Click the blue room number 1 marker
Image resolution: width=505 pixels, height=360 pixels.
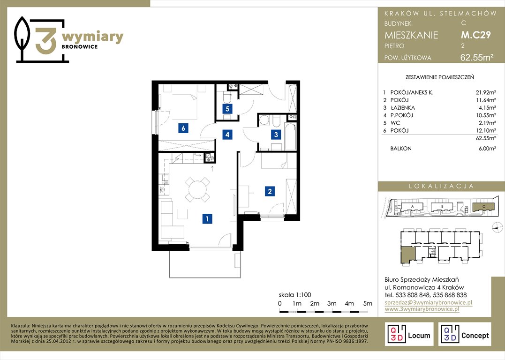pos(207,219)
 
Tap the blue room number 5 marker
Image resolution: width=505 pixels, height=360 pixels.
pos(227,109)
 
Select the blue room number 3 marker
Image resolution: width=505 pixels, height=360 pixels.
pos(276,134)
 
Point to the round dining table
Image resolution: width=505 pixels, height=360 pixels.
pos(198,190)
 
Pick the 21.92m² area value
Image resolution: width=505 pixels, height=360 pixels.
pos(486,92)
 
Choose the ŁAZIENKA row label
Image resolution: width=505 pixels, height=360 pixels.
pos(403,108)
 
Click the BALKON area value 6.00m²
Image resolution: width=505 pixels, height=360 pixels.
pos(487,149)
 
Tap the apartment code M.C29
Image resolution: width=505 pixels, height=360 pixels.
pos(476,35)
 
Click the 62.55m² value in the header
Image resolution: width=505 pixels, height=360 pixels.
pos(477,57)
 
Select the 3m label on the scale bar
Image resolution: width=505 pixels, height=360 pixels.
pos(332,303)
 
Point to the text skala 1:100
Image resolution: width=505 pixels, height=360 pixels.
pos(295,295)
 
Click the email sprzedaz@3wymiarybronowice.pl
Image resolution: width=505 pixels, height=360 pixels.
pos(429,302)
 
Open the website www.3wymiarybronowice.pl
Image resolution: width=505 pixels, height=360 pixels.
pos(422,309)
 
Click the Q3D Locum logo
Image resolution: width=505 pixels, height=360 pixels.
pos(409,334)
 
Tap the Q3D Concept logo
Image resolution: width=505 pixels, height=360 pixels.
pos(465,334)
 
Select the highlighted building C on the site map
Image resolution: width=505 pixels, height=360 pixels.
pos(483,207)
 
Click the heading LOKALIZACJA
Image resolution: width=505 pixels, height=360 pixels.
pos(442,186)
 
